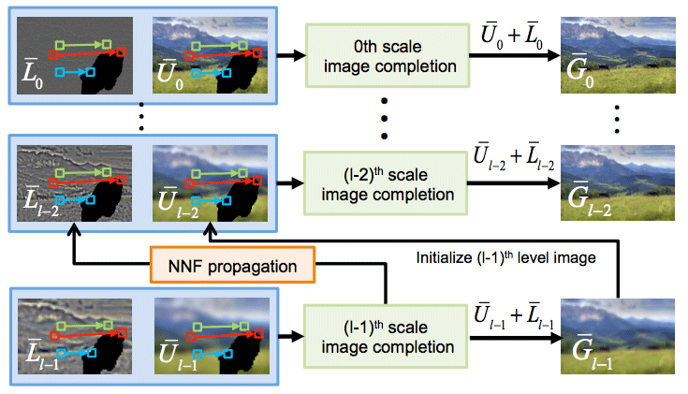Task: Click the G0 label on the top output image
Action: tap(581, 72)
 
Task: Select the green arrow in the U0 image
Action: tap(223, 43)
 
